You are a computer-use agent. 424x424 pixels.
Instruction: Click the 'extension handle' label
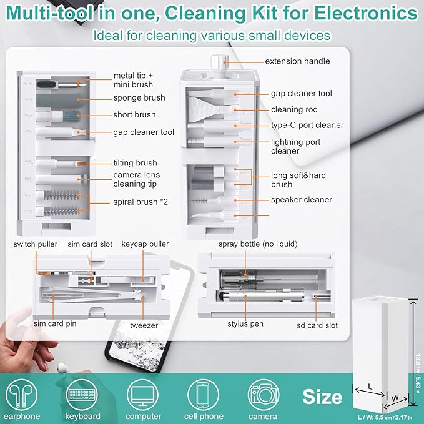(297, 61)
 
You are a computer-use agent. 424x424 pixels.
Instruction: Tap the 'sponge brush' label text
(139, 98)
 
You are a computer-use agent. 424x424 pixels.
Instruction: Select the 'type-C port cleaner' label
(307, 125)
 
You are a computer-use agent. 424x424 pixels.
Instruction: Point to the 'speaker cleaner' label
(301, 200)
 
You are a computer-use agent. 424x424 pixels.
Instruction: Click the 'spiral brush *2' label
(142, 202)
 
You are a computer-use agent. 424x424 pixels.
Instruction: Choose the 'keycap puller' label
(145, 244)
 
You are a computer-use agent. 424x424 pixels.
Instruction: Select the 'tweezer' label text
(144, 325)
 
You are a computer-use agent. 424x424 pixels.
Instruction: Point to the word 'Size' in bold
(322, 397)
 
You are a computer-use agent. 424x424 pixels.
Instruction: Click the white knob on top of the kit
(217, 62)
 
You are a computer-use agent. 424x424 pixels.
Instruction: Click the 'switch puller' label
(34, 244)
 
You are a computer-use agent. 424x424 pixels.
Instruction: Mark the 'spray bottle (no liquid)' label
(257, 244)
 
